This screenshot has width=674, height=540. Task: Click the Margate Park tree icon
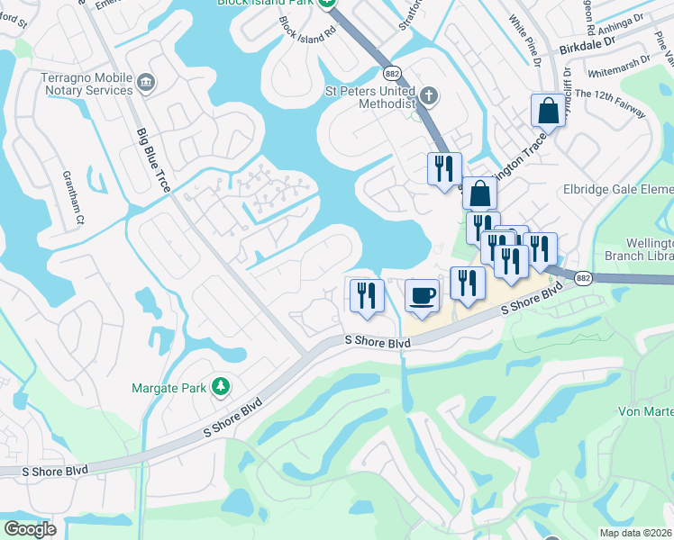point(220,388)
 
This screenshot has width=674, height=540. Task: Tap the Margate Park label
point(170,389)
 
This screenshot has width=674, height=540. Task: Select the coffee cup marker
point(421,296)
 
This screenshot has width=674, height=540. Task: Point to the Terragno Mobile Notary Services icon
point(145,85)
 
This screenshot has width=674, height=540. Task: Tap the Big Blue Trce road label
point(155,161)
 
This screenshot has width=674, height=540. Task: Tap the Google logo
point(31,529)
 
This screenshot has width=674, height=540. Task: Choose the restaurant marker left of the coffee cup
point(367,296)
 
